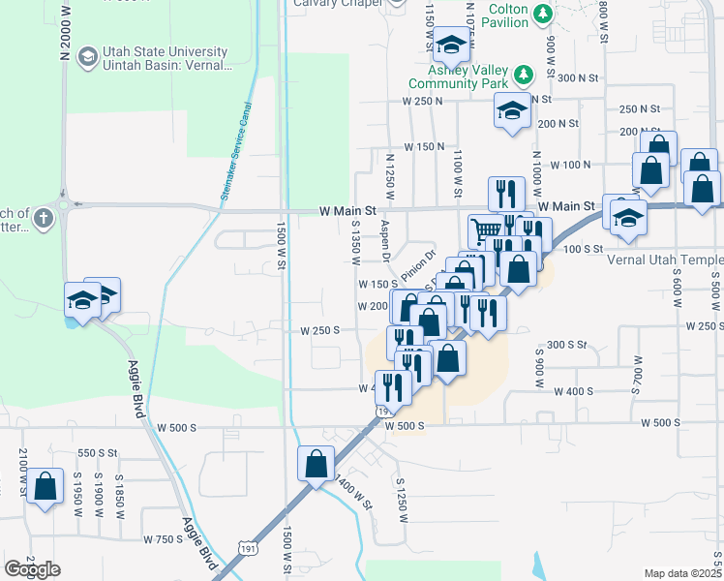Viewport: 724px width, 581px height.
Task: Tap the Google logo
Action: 32,569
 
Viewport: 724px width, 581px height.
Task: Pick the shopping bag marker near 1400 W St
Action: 317,463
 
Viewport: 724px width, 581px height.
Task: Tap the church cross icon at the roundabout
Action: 43,219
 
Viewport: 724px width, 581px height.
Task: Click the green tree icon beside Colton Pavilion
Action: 544,13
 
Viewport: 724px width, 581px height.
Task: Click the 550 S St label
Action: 97,453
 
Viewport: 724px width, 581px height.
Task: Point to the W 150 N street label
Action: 423,146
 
